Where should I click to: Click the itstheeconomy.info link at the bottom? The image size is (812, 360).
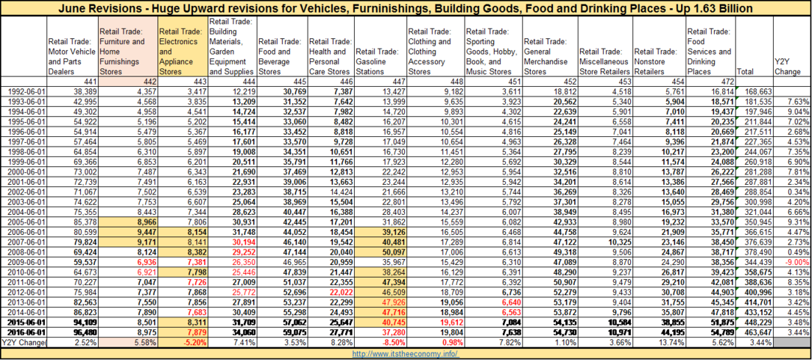(x=406, y=354)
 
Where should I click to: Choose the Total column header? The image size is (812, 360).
(x=745, y=72)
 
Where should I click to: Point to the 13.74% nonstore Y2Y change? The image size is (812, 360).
(x=669, y=341)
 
